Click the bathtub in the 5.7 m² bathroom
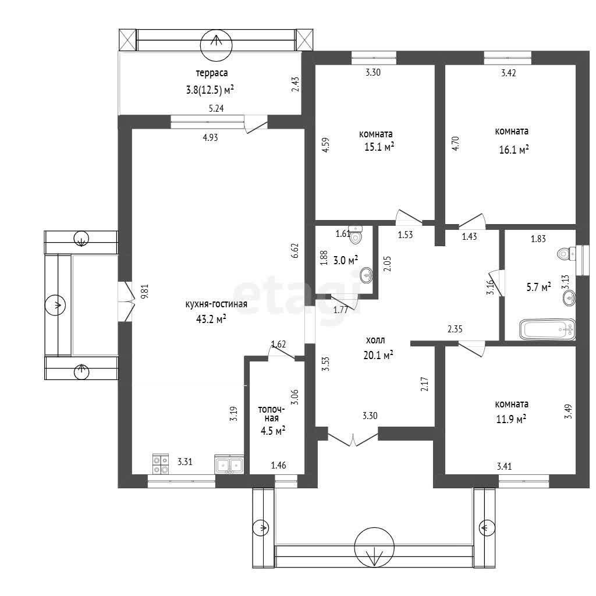(547, 329)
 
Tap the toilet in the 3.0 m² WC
(356, 235)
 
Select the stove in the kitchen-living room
(161, 464)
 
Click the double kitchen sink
(229, 464)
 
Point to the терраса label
(212, 73)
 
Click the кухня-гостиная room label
(217, 304)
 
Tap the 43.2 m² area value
(211, 319)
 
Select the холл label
(375, 340)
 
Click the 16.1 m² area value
(514, 150)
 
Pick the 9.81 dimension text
(144, 292)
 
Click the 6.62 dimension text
(295, 250)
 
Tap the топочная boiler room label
(271, 414)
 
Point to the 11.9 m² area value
(511, 419)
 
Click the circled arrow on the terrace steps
(216, 45)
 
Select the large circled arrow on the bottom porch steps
(374, 548)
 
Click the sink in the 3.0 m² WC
(367, 275)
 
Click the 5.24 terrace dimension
(217, 108)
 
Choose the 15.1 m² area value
(379, 147)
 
